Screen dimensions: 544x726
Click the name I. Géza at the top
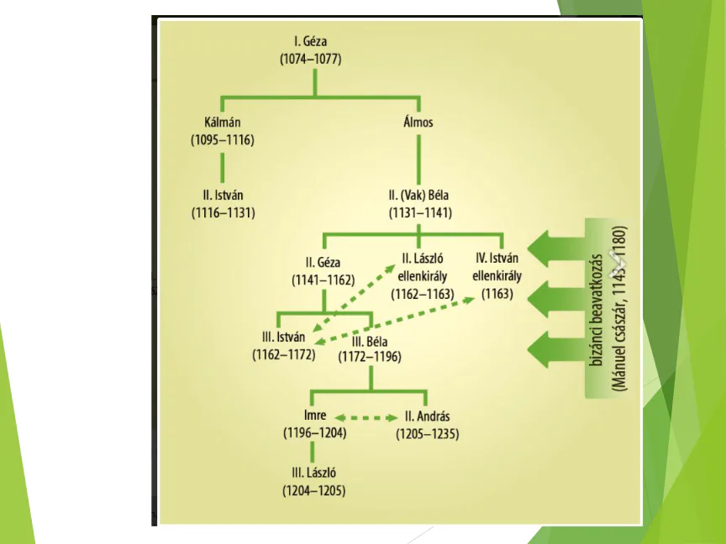pos(314,40)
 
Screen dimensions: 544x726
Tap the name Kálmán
pos(222,122)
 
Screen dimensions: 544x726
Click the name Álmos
pos(420,123)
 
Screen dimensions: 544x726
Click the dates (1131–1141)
pos(420,212)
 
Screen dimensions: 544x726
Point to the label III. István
pos(283,337)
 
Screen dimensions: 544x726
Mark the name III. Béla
pos(370,340)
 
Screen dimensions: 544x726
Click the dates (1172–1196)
pos(370,357)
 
